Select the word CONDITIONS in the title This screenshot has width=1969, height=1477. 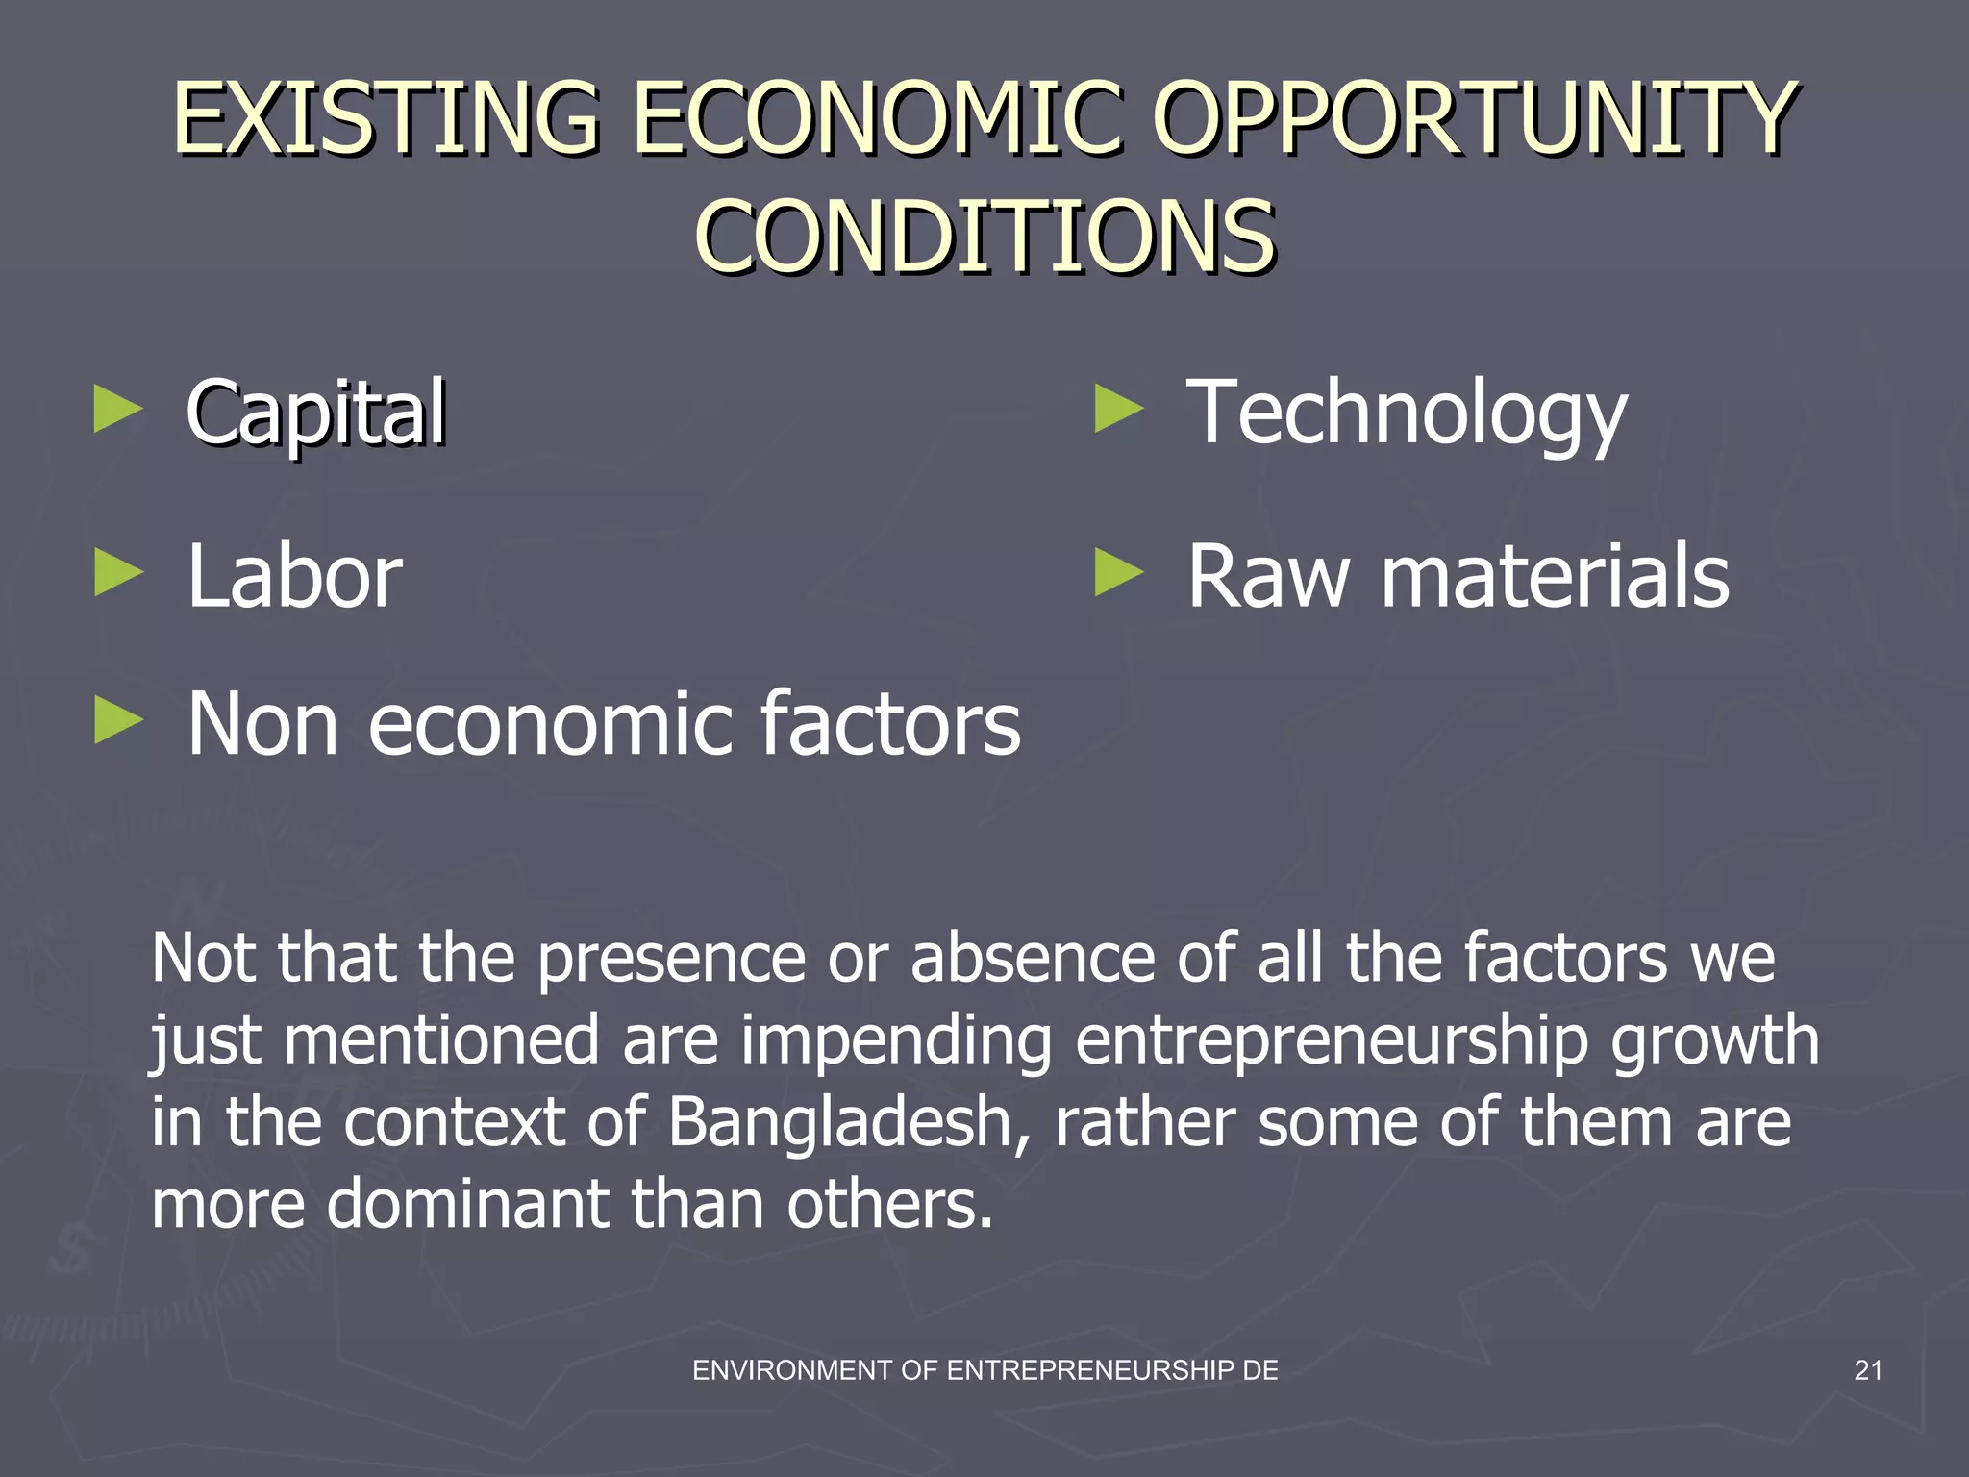(984, 237)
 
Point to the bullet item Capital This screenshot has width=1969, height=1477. (316, 413)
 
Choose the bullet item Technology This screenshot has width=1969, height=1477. (1407, 413)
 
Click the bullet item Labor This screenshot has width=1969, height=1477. (294, 577)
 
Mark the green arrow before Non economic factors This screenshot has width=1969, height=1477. (118, 720)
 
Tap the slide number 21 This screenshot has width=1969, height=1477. (1867, 1370)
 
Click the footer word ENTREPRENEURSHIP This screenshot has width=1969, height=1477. (1090, 1370)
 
